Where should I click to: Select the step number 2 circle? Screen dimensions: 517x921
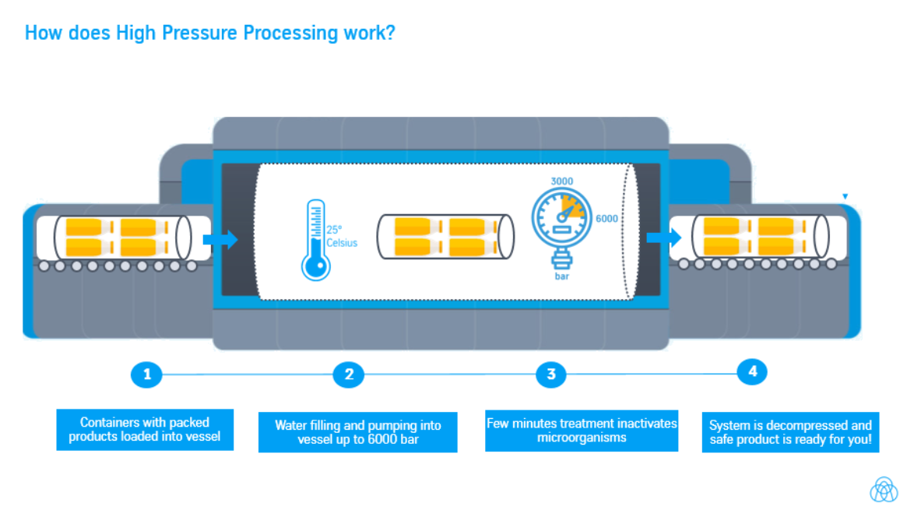tap(348, 375)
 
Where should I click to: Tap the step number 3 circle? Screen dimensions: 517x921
tap(551, 375)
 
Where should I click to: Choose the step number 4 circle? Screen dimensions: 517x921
tap(752, 372)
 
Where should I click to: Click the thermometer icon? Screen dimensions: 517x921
tap(315, 240)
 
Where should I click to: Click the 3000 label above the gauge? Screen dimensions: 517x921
tap(561, 181)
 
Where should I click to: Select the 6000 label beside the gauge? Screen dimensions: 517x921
tap(606, 219)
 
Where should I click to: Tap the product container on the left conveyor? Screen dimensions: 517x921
tap(122, 237)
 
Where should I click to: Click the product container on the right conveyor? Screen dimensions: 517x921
tap(758, 235)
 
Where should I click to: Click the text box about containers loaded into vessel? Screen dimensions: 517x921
tap(145, 430)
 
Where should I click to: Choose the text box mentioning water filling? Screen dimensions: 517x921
tap(357, 432)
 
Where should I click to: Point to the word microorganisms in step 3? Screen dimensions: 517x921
tap(581, 438)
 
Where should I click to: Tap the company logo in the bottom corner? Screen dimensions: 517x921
tap(883, 489)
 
